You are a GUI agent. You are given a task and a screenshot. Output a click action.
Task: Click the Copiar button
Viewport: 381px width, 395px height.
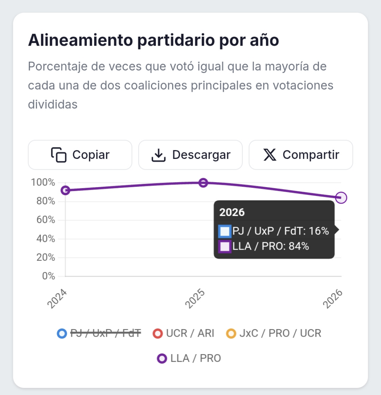pyautogui.click(x=80, y=155)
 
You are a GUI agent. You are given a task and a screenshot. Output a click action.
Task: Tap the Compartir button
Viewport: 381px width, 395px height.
pyautogui.click(x=301, y=155)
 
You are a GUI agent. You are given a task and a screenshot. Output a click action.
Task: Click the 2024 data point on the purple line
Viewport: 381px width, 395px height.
pyautogui.click(x=66, y=190)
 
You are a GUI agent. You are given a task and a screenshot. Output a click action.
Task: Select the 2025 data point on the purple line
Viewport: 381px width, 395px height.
pyautogui.click(x=203, y=183)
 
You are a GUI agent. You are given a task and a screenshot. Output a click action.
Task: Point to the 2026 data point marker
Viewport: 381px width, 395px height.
pyautogui.click(x=341, y=198)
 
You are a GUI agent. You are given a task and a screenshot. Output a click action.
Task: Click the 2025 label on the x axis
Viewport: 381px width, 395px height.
pyautogui.click(x=195, y=298)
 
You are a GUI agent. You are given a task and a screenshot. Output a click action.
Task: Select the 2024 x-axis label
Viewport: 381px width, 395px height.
pyautogui.click(x=58, y=298)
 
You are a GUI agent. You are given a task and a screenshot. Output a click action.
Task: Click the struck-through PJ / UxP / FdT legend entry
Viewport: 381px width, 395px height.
pyautogui.click(x=99, y=333)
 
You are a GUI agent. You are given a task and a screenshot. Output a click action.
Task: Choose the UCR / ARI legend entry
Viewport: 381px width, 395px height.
pyautogui.click(x=184, y=333)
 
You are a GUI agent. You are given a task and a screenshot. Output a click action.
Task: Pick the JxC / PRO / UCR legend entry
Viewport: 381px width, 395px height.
pyautogui.click(x=274, y=333)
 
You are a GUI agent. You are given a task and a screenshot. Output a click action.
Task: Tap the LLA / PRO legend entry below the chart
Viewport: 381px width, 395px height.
pyautogui.click(x=189, y=358)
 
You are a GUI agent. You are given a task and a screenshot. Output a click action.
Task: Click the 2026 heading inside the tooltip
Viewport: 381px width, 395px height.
pyautogui.click(x=232, y=212)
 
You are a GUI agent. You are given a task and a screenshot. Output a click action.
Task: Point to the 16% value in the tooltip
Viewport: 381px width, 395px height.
pyautogui.click(x=319, y=231)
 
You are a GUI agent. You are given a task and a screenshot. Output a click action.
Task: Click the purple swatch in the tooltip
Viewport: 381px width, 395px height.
pyautogui.click(x=225, y=246)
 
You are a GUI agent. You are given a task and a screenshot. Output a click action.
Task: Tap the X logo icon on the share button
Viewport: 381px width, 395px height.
pyautogui.click(x=269, y=155)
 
